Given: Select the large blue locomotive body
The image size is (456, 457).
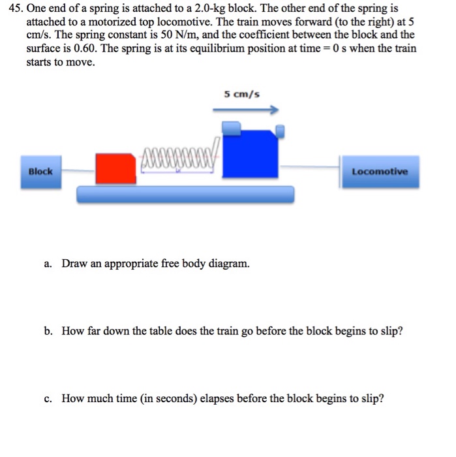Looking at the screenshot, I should point(251,153).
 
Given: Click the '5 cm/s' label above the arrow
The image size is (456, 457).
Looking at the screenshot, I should point(241,94).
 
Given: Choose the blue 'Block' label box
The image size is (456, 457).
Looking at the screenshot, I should point(40,172).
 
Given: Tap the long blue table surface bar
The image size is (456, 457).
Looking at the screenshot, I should point(186,194).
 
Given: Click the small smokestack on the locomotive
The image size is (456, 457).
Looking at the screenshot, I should point(281,131).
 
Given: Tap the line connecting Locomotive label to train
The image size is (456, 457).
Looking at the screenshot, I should point(310,167).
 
